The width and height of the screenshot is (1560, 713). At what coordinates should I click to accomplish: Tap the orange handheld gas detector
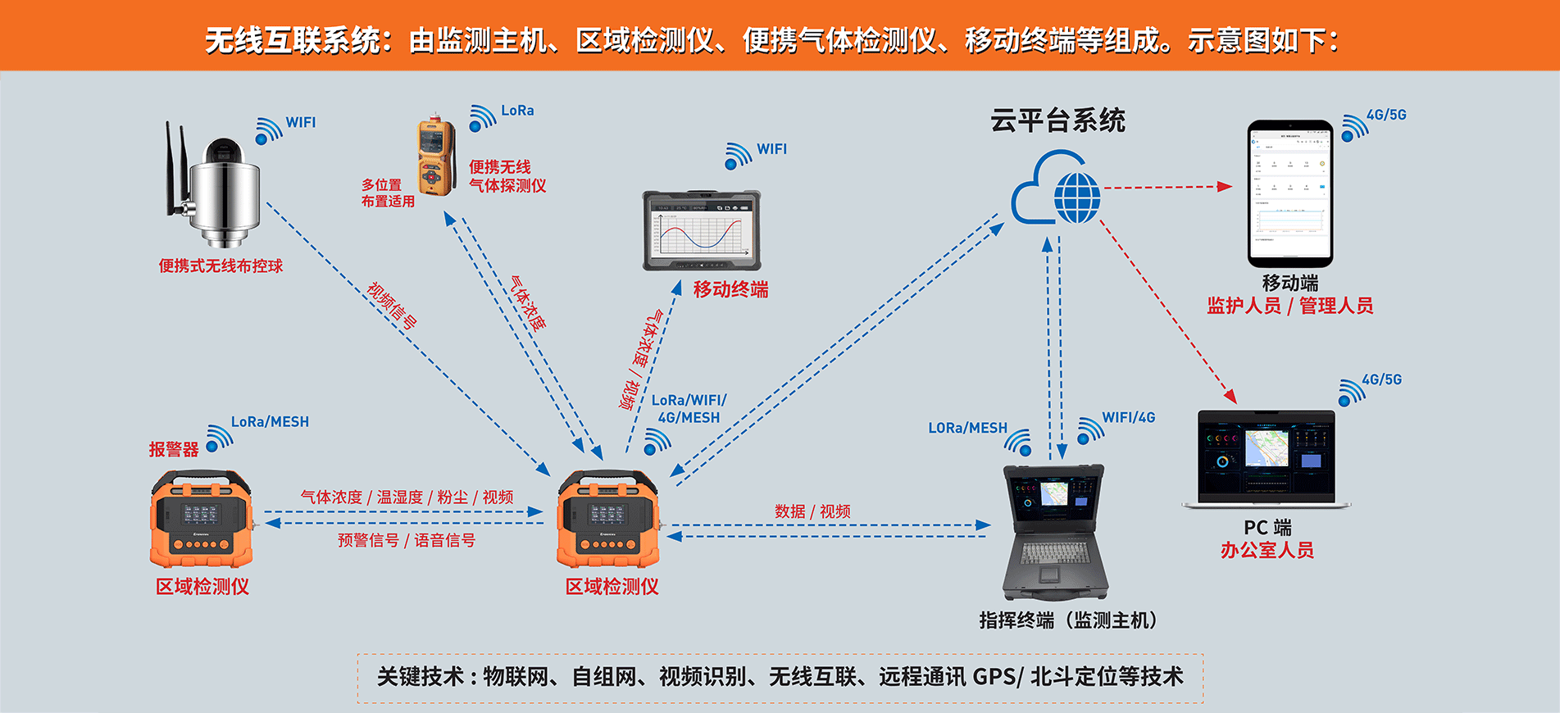(x=435, y=157)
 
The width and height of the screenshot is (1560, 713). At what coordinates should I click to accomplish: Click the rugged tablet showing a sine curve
(x=702, y=230)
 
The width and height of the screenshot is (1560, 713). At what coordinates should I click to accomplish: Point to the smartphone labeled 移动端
(x=1289, y=193)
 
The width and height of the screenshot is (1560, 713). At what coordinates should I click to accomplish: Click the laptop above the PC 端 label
(x=1266, y=459)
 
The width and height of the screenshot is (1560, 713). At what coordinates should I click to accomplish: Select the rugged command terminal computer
(x=1055, y=531)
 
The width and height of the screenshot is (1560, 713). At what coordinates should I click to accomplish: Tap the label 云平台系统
(x=1057, y=120)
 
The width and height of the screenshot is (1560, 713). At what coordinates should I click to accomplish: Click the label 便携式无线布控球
(x=221, y=266)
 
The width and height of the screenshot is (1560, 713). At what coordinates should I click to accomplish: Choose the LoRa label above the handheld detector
(x=517, y=111)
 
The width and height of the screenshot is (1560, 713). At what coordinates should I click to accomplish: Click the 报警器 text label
(x=173, y=449)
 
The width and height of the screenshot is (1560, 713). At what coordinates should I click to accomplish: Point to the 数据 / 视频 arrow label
(x=812, y=511)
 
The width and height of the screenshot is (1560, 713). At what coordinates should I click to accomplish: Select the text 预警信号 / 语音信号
(x=407, y=540)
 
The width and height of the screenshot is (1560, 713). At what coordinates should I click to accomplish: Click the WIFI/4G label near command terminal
(x=1128, y=417)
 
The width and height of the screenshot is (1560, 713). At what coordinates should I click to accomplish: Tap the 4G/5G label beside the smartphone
(x=1386, y=115)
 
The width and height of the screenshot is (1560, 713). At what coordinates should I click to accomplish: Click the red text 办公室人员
(x=1267, y=550)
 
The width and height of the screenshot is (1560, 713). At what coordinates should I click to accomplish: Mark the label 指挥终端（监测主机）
(x=1068, y=620)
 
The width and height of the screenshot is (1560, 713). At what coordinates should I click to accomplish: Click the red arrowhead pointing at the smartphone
(x=1225, y=186)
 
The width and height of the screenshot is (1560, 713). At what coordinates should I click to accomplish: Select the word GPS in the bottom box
(x=994, y=677)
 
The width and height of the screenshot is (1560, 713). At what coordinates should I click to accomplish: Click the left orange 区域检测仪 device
(x=202, y=520)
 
